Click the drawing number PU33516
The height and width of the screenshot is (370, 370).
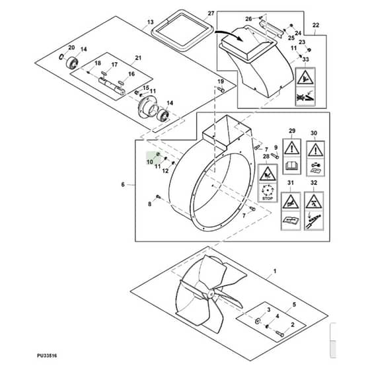click(x=47, y=355)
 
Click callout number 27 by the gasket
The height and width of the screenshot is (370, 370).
click(x=211, y=13)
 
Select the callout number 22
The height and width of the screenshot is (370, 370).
click(x=316, y=25)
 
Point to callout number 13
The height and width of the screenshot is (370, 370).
click(x=151, y=22)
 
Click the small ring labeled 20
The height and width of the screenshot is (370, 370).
click(x=61, y=57)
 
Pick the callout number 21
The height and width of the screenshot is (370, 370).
click(x=138, y=58)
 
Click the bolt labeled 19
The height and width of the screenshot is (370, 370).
click(x=221, y=89)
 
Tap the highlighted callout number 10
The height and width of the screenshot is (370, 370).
click(x=150, y=162)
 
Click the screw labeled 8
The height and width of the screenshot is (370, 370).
click(x=158, y=196)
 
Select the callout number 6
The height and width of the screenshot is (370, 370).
click(x=123, y=184)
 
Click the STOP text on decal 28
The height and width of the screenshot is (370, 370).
click(x=268, y=198)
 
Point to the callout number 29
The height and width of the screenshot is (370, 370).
click(x=292, y=131)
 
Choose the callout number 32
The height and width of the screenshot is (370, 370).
click(x=314, y=183)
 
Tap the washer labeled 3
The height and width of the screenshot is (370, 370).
click(x=258, y=320)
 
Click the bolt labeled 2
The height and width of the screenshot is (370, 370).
click(x=280, y=334)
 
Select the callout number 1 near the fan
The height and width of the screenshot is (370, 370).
click(x=274, y=271)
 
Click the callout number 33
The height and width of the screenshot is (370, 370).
click(x=305, y=59)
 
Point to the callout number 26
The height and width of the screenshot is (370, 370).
click(x=248, y=19)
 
